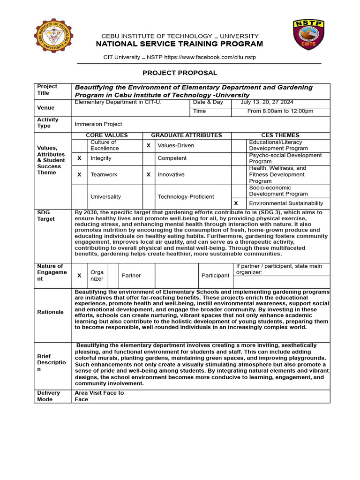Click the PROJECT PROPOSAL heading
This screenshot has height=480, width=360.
pyautogui.click(x=180, y=73)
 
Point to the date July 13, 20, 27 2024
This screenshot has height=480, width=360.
pyautogui.click(x=267, y=102)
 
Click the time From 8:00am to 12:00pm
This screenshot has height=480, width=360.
pyautogui.click(x=280, y=111)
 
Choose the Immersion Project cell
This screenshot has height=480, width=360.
pyautogui.click(x=98, y=124)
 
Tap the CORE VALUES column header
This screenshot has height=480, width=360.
pyautogui.click(x=107, y=135)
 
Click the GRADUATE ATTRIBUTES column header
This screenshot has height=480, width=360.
pyautogui.click(x=187, y=135)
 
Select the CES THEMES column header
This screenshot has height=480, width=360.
pyautogui.click(x=280, y=135)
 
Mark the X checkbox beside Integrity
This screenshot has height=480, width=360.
pyautogui.click(x=79, y=158)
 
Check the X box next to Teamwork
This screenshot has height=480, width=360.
pyautogui.click(x=79, y=174)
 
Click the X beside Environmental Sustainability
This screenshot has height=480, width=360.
pyautogui.click(x=236, y=203)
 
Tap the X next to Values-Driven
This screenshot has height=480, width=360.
pyautogui.click(x=149, y=145)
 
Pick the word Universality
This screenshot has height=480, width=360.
pyautogui.click(x=105, y=197)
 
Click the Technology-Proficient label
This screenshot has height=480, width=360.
pyautogui.click(x=186, y=197)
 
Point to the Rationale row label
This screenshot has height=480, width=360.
pyautogui.click(x=51, y=312)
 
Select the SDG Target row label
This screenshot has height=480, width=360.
pyautogui.click(x=46, y=216)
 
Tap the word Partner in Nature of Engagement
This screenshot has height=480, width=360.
pyautogui.click(x=131, y=276)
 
